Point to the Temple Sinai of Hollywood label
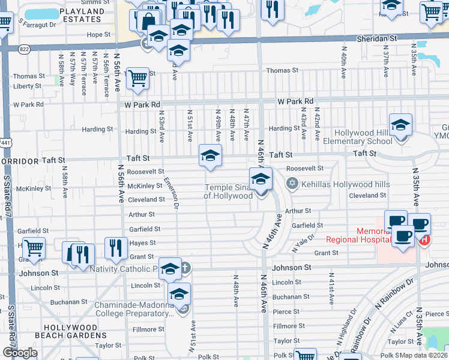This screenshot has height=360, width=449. click(228, 191)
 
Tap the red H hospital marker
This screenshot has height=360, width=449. click(424, 241)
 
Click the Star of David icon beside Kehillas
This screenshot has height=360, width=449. click(292, 184)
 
